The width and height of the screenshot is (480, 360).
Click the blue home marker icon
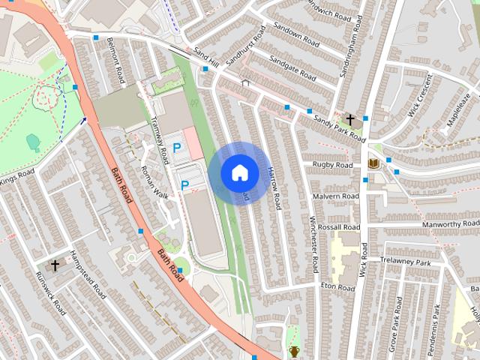click(x=239, y=172)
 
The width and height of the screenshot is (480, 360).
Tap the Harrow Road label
click(x=273, y=185)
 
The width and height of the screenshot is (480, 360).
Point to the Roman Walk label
click(x=155, y=181)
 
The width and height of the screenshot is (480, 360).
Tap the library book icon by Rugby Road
click(x=373, y=163)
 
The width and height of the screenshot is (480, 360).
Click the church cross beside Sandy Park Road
click(x=349, y=119)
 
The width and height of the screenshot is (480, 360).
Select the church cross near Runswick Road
click(x=55, y=265)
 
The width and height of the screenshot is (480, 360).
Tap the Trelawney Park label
click(x=406, y=263)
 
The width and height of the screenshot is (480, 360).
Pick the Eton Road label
click(x=337, y=287)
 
